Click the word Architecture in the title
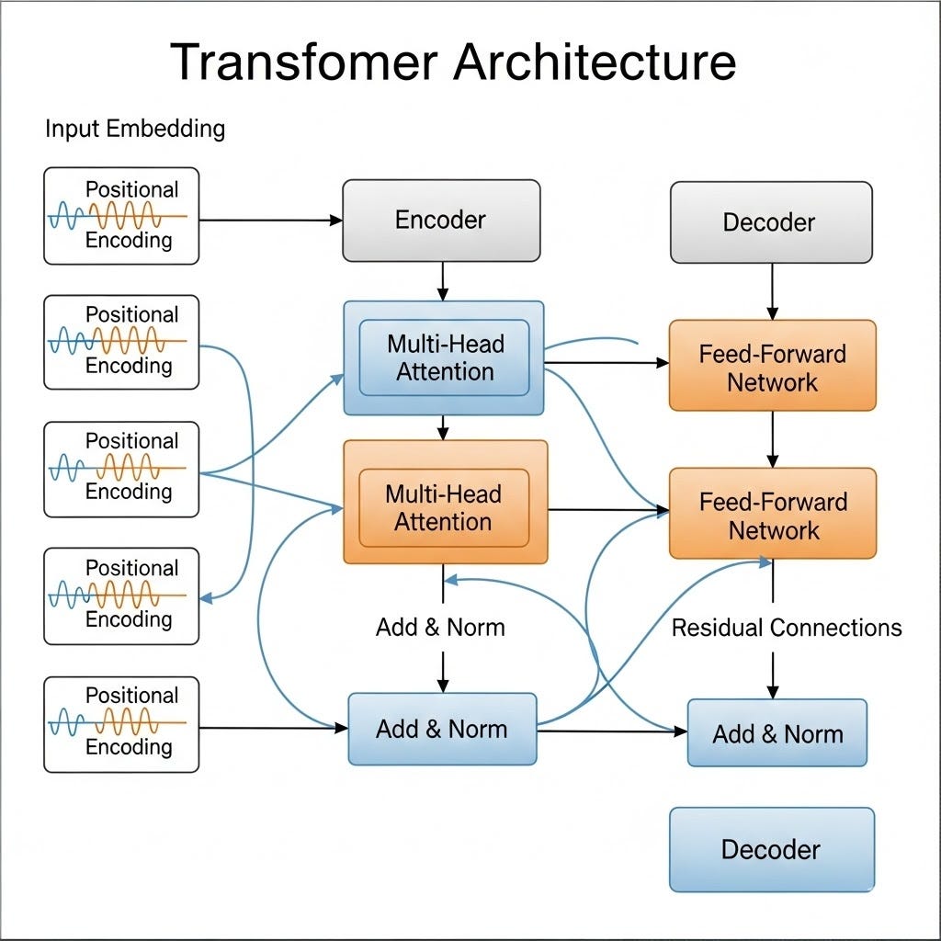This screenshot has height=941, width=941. (x=597, y=62)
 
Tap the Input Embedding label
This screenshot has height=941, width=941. (x=135, y=128)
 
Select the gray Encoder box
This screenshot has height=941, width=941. (x=441, y=221)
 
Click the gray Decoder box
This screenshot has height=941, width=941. (x=770, y=222)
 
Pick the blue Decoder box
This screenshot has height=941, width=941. (x=770, y=849)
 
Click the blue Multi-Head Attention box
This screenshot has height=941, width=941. (x=445, y=358)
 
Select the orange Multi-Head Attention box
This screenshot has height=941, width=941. (x=445, y=508)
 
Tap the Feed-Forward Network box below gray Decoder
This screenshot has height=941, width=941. (x=772, y=368)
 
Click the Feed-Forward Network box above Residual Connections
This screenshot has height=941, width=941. (x=772, y=516)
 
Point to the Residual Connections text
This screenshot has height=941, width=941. (x=787, y=628)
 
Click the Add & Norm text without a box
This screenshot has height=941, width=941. (x=440, y=628)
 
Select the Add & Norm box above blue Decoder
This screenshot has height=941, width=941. (x=777, y=733)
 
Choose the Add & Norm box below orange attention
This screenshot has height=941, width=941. (x=441, y=730)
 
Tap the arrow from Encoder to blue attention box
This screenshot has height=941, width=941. (x=443, y=281)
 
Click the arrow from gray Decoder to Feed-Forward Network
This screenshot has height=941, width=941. (x=772, y=292)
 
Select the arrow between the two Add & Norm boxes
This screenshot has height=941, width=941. (x=611, y=731)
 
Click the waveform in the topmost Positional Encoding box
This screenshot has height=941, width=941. (x=118, y=217)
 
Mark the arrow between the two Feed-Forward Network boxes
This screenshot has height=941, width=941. (x=772, y=439)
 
